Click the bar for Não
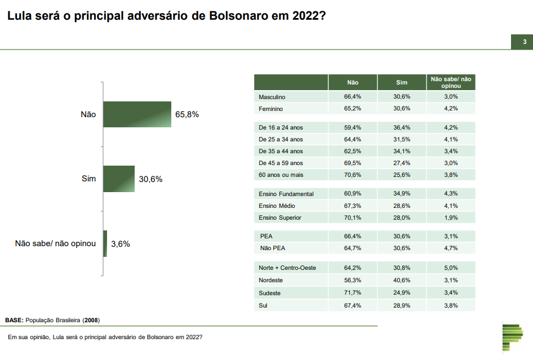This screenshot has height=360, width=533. (x=137, y=114)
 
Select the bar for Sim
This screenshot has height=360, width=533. (x=119, y=179)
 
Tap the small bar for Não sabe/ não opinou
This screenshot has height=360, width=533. (x=105, y=244)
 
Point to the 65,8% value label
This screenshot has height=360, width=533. (x=187, y=114)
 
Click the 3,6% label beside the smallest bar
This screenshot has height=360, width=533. (x=121, y=244)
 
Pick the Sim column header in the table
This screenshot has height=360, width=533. (x=402, y=83)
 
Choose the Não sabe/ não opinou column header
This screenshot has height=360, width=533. (x=451, y=82)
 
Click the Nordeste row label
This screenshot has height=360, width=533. (x=271, y=280)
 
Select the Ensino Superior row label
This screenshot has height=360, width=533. (x=280, y=217)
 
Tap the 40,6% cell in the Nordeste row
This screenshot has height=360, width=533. (x=402, y=280)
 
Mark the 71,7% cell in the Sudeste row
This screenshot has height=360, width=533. (x=353, y=293)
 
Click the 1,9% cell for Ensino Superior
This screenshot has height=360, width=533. (x=451, y=217)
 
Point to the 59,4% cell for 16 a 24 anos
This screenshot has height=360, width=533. (x=353, y=127)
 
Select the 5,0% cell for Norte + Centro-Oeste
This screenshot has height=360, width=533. (x=451, y=268)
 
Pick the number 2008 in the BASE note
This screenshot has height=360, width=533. (x=92, y=320)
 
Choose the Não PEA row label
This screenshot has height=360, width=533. (x=272, y=248)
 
